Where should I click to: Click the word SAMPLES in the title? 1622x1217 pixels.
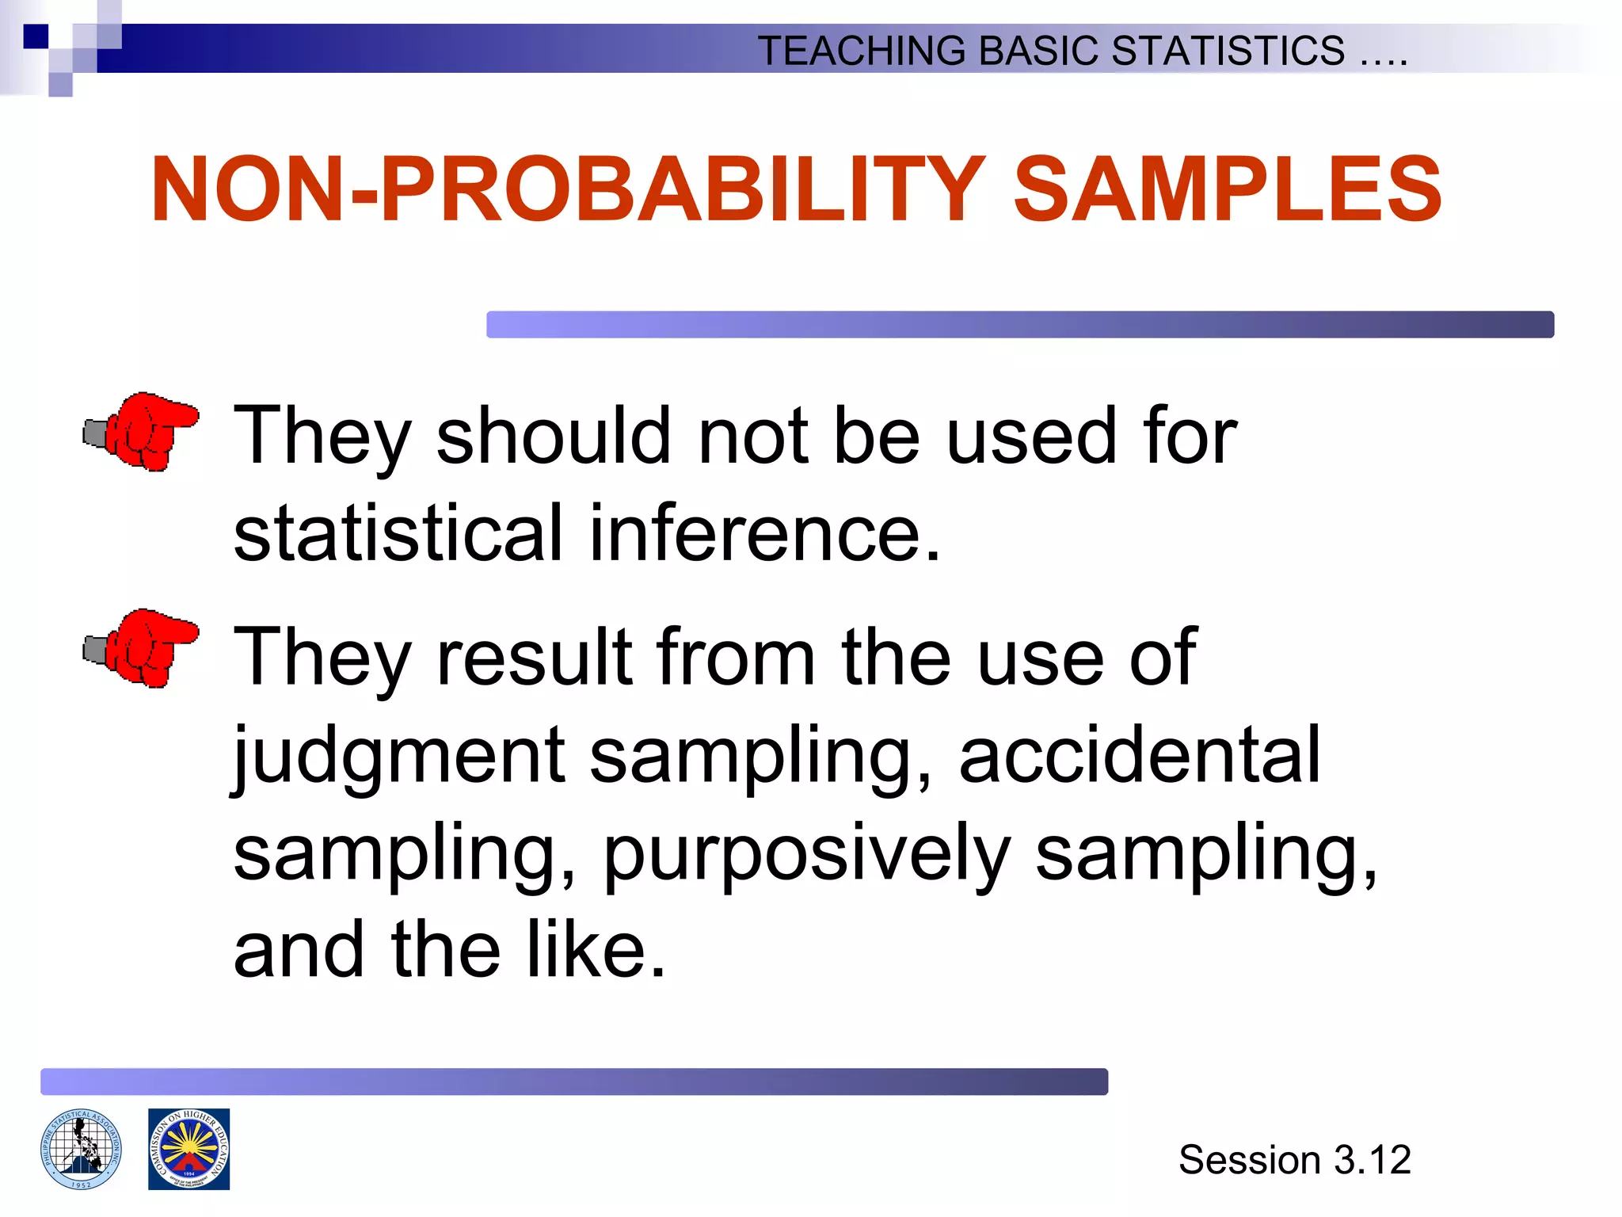click(1228, 190)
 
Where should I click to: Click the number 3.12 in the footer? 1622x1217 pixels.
click(1372, 1160)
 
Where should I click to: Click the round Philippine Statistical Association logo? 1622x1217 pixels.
click(81, 1149)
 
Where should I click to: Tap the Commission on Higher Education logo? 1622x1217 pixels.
click(188, 1149)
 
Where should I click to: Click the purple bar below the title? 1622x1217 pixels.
click(1019, 325)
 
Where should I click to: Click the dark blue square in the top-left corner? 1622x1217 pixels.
click(36, 36)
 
